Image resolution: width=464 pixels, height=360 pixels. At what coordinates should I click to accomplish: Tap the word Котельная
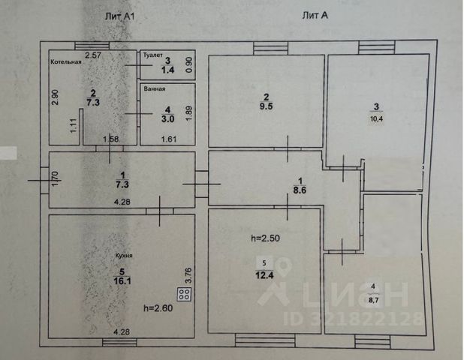(66, 61)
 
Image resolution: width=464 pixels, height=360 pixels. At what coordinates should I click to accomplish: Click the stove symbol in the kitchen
(182, 294)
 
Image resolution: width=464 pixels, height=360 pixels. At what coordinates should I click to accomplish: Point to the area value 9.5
(265, 106)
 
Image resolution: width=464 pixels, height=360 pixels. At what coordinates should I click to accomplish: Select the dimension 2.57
(93, 55)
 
